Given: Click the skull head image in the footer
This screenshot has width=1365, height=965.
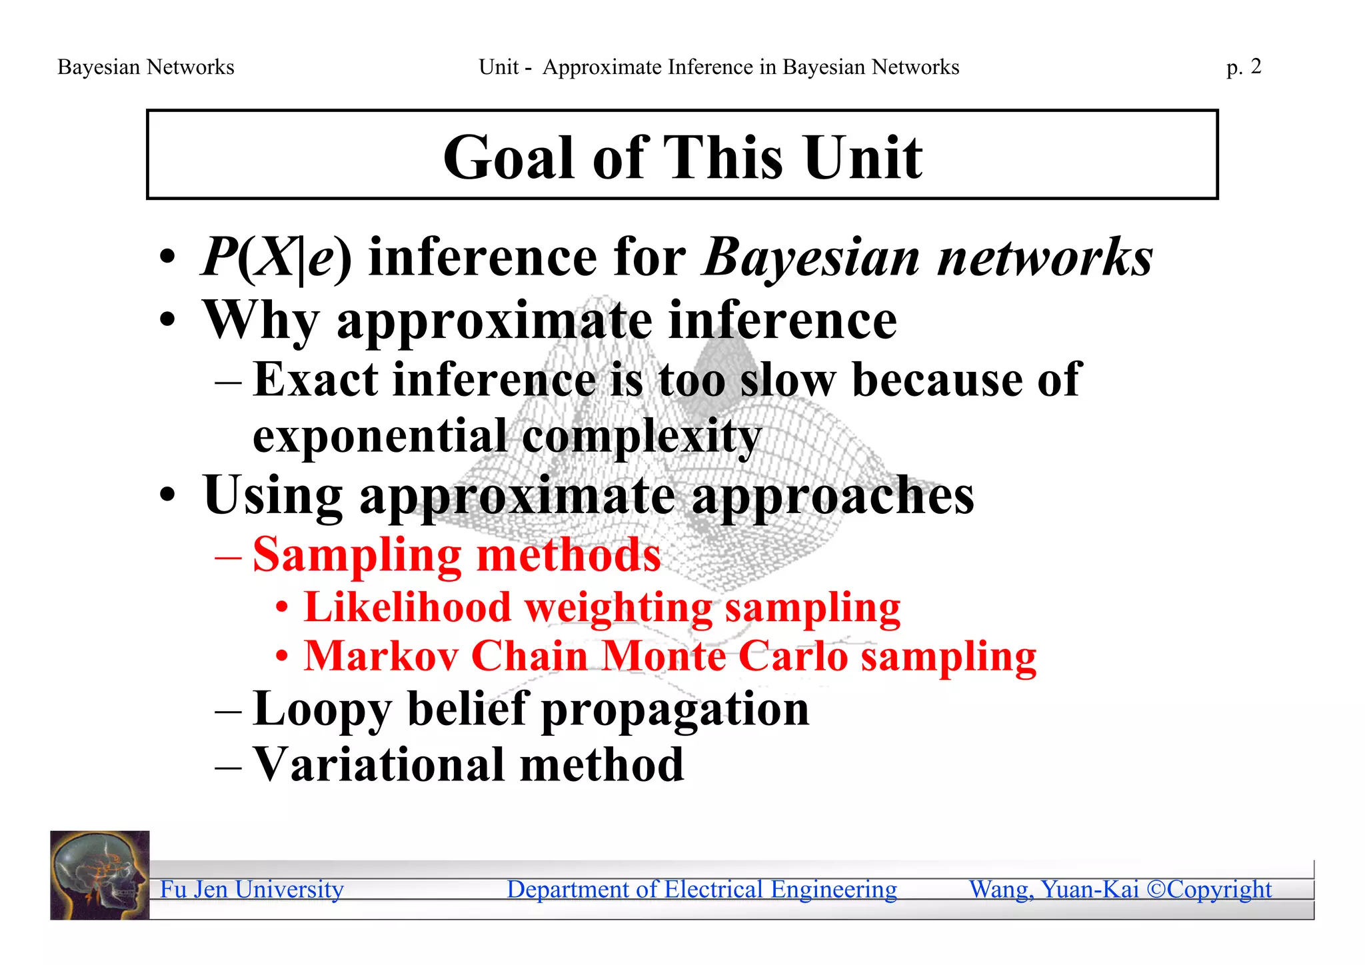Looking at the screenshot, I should pos(100,875).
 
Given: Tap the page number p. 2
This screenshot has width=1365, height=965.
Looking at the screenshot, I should pos(1244,67).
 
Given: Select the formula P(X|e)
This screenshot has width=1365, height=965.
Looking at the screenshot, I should pos(277,257).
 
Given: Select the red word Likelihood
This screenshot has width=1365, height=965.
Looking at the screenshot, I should pos(407,608).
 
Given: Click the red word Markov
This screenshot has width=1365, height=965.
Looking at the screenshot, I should pos(381,656).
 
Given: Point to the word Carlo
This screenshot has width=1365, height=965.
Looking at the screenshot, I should pos(793,656).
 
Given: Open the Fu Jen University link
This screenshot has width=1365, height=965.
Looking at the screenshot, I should pos(251,890).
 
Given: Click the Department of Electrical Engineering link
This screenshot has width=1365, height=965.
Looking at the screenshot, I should pos(701,890).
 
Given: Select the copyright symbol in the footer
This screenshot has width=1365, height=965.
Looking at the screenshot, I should pos(1155,890).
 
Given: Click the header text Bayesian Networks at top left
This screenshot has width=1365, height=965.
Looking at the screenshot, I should pos(146,67).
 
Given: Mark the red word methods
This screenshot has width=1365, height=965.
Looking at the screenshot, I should pos(569,555).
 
